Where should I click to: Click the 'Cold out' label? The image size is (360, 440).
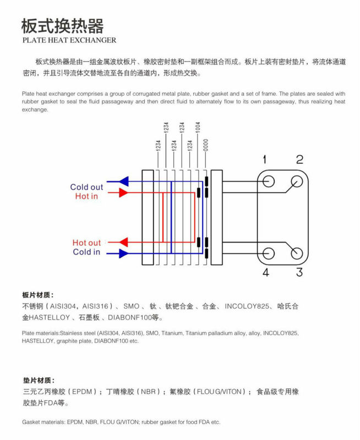point(86,187)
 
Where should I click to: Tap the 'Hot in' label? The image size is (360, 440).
point(86,196)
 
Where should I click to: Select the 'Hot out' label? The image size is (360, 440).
point(86,243)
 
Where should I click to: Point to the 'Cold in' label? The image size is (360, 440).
point(86,252)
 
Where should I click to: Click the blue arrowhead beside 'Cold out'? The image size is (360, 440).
point(124,182)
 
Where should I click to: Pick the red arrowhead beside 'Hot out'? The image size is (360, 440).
point(123,242)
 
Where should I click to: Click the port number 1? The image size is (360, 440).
point(264,159)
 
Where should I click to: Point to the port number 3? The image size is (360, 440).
point(299,272)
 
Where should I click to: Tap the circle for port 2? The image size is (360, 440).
point(297,182)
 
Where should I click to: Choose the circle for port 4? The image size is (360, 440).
point(269,254)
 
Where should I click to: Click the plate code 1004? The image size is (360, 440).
point(198,127)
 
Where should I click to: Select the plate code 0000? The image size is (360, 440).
point(206,145)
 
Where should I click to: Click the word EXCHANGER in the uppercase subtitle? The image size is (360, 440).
point(94,40)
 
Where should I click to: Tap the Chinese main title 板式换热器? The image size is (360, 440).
point(63,26)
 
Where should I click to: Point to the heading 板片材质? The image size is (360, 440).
point(37,295)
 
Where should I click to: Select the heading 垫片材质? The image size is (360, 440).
point(39,381)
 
